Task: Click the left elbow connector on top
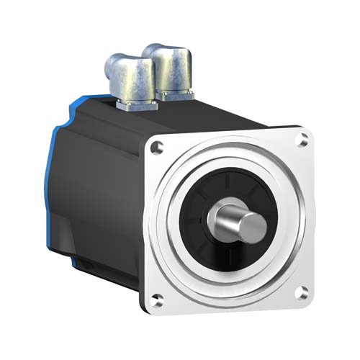[130, 78]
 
